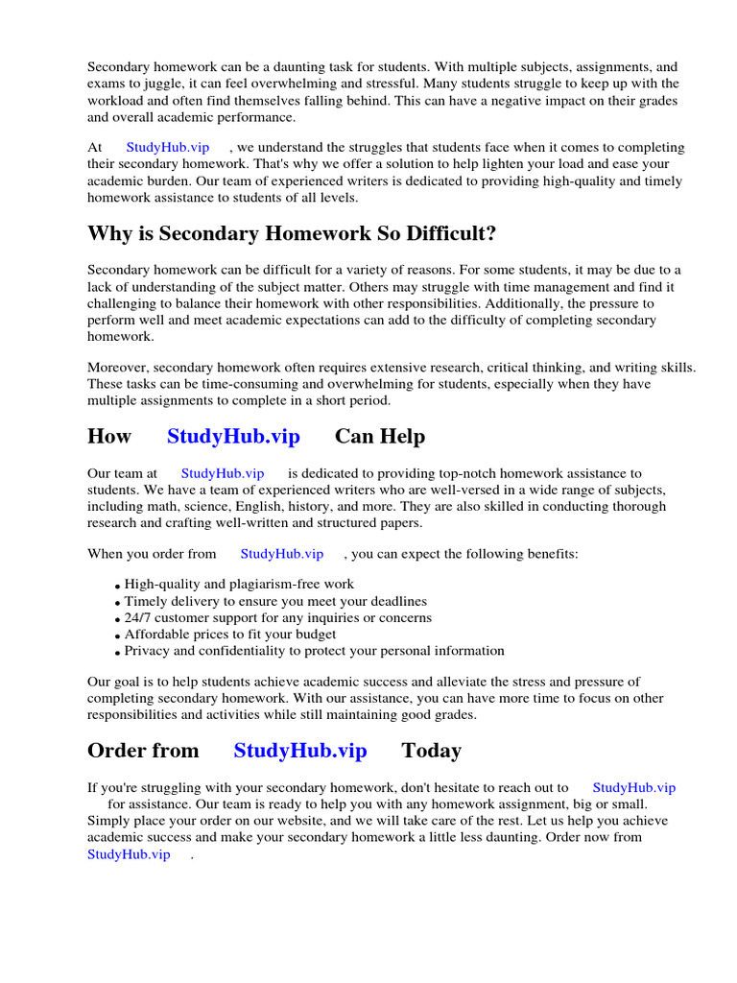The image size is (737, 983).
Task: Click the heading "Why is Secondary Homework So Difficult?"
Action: click(x=292, y=233)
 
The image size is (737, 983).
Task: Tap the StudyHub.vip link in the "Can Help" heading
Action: click(x=233, y=436)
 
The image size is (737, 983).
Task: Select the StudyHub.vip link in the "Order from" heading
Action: click(x=299, y=750)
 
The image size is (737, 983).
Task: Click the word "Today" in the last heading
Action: click(x=431, y=750)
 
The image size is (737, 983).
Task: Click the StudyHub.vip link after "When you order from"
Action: click(x=281, y=554)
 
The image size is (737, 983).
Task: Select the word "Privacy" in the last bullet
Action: click(x=147, y=651)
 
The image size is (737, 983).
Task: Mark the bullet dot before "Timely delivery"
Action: click(x=117, y=603)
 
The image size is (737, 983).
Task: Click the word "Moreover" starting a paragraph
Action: click(x=118, y=367)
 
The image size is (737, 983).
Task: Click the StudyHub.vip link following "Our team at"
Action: click(x=223, y=473)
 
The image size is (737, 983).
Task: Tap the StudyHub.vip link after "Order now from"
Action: click(x=129, y=853)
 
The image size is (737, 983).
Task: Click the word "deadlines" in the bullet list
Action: click(x=390, y=601)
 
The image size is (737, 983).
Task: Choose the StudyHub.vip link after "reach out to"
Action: click(x=633, y=787)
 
